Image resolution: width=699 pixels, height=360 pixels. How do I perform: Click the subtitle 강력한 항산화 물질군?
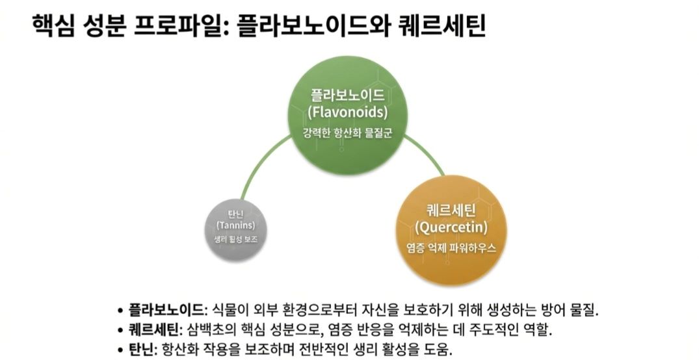coord(348,133)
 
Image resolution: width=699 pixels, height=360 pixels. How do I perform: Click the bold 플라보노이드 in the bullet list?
coord(166,307)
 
